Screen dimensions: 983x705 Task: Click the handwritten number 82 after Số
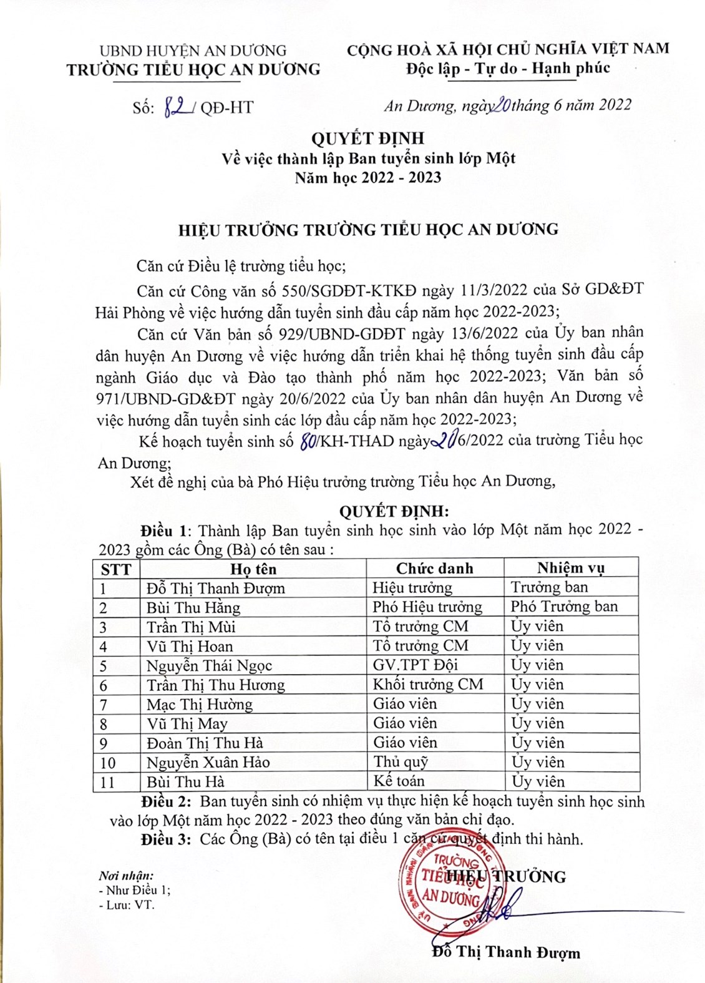[178, 107]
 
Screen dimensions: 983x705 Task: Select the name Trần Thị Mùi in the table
[191, 627]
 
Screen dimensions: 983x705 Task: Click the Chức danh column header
[434, 569]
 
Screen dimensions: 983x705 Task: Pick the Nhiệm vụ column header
[571, 568]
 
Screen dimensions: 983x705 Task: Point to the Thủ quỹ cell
[401, 762]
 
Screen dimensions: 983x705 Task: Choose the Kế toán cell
[399, 781]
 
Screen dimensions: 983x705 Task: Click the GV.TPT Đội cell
[416, 665]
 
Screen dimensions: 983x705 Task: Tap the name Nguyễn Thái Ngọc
[209, 666]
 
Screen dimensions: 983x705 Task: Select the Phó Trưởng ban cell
[564, 607]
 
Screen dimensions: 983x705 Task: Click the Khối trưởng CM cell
[428, 685]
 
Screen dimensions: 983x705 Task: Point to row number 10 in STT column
[107, 763]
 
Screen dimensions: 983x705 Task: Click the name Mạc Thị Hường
[200, 705]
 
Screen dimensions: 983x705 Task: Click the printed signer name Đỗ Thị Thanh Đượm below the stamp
[506, 952]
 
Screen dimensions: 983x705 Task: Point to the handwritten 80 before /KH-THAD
[308, 443]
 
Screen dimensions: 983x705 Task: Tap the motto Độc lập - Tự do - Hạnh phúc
[508, 69]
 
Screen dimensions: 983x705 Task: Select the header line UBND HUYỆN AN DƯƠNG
[193, 51]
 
